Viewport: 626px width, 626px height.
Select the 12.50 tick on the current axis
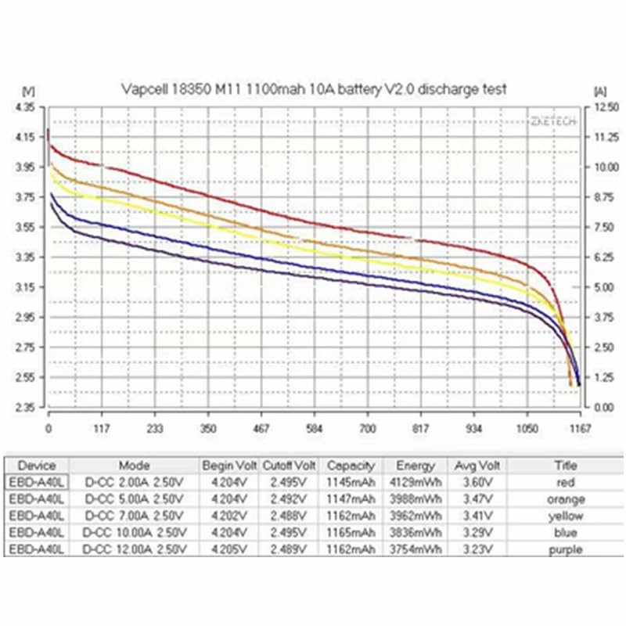click(x=606, y=106)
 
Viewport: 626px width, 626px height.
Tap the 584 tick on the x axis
click(x=315, y=429)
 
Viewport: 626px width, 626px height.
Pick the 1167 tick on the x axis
click(x=580, y=429)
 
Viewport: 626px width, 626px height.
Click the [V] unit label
click(x=29, y=90)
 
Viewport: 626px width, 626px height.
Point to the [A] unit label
click(x=600, y=90)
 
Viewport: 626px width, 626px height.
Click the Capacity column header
click(x=351, y=465)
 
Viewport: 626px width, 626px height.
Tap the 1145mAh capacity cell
click(x=351, y=483)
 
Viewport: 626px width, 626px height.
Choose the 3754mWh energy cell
click(x=410, y=549)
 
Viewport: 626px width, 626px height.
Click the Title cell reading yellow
click(x=564, y=516)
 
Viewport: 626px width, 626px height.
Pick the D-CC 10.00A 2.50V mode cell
click(x=134, y=533)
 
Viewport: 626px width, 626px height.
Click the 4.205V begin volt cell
click(x=229, y=549)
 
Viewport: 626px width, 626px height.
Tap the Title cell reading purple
click(x=564, y=549)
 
